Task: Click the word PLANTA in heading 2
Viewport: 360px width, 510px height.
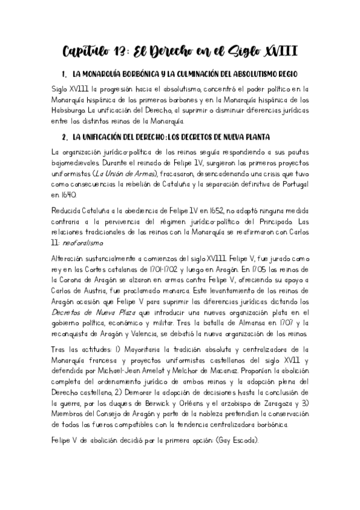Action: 254,138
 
